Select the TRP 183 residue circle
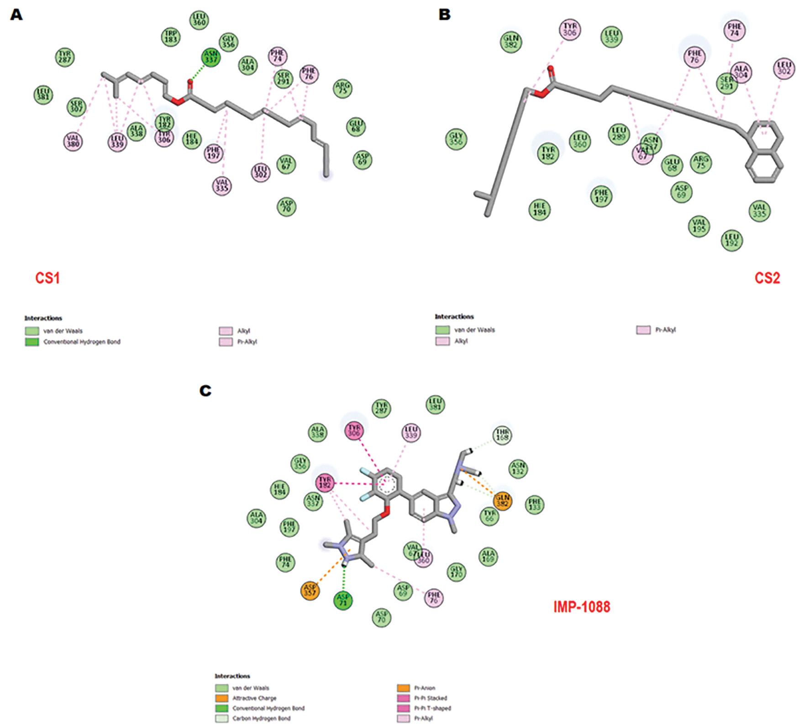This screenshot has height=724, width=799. [x=171, y=37]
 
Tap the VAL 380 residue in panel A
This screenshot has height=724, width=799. [x=74, y=141]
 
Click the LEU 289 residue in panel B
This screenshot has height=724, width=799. [x=618, y=135]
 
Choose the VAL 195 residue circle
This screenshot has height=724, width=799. [x=699, y=226]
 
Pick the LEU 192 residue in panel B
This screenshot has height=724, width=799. [x=731, y=239]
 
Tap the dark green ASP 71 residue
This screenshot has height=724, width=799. [x=343, y=600]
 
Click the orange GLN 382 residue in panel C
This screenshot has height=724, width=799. [x=502, y=501]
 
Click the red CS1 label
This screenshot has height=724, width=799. [x=47, y=278]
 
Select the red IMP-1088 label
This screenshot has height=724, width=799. [x=582, y=607]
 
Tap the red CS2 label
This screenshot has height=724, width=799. [x=767, y=278]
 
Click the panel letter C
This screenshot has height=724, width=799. [x=205, y=391]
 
